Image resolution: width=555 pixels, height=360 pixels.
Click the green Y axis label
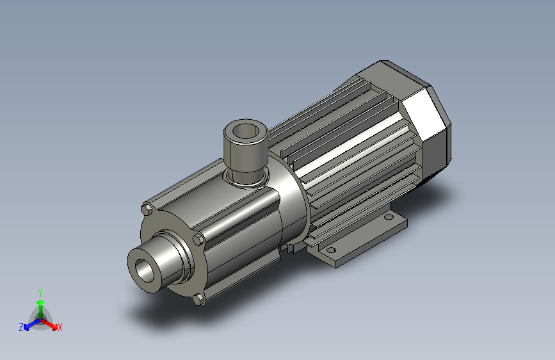coord(40,293)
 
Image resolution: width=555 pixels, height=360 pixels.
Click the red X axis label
coord(60,328)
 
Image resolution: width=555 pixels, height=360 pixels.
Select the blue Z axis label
coord(21,327)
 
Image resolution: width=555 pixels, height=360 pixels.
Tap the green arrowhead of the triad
coord(41,302)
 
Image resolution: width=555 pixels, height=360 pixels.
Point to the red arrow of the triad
coord(49,323)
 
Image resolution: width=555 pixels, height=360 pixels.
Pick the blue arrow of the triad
coord(33,324)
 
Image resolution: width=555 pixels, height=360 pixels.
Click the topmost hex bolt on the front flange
coord(147,209)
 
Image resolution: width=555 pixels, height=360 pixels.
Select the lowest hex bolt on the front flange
coord(199,300)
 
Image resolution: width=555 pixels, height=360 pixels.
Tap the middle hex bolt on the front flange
coord(198,240)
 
